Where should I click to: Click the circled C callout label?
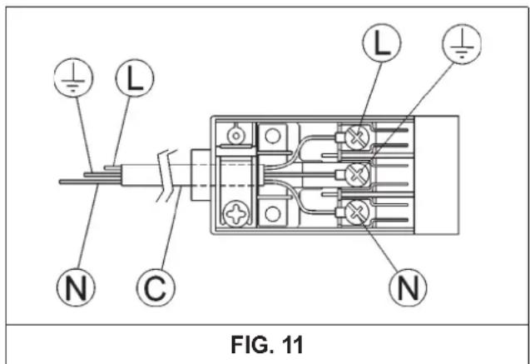coord(156,287)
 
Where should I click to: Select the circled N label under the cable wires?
coord(76,287)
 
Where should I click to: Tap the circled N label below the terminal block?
coord(408,287)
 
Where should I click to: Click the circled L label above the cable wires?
coord(135,77)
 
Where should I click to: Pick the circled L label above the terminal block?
coord(382,42)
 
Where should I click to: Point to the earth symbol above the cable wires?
coord(73,77)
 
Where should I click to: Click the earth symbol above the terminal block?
coord(462,44)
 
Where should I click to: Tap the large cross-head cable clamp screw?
coord(236,214)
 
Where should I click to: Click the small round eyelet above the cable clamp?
coord(236,136)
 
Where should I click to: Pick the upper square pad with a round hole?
coord(272,137)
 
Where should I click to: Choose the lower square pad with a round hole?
coord(272,214)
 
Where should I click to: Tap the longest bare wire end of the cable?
coord(90,182)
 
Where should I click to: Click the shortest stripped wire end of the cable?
coord(112,167)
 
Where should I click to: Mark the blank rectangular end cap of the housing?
coord(436,175)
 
